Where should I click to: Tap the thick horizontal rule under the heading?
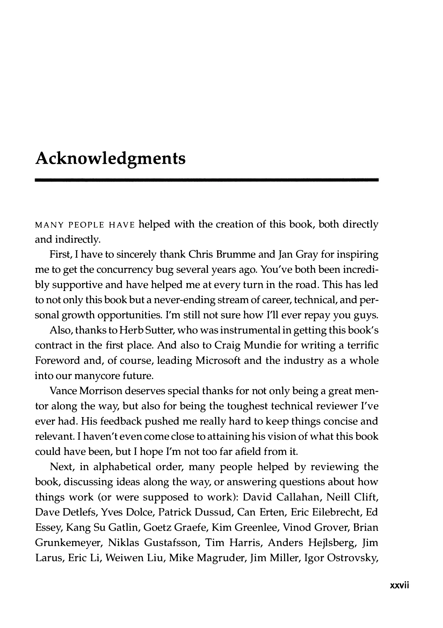[x=207, y=180]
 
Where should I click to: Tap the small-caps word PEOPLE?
[x=86, y=225]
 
